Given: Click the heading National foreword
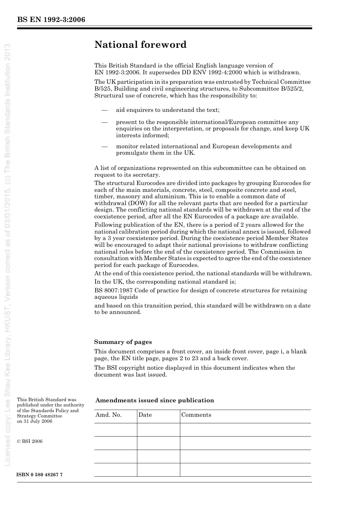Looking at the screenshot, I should (140, 45).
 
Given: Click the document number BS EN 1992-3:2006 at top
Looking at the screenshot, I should (51, 20).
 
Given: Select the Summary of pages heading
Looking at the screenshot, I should (123, 342).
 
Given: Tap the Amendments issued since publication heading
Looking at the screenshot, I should (155, 400).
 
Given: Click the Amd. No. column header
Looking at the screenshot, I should (108, 415).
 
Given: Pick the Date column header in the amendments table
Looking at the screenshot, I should (145, 415).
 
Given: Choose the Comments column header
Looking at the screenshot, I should (196, 415).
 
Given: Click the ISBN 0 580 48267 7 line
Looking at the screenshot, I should (40, 475).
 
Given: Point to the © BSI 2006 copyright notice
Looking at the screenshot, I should (30, 441).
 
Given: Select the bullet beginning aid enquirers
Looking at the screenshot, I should (167, 110).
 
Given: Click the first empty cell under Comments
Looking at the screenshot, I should (245, 430).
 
